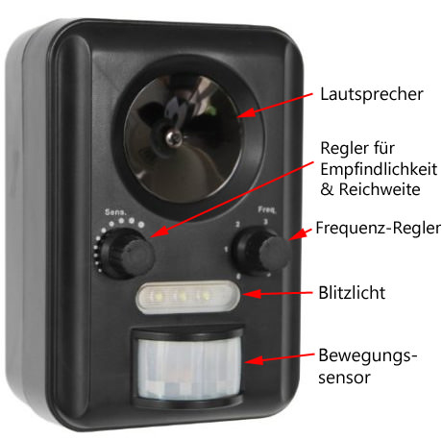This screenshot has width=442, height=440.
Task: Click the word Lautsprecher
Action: pos(372,94)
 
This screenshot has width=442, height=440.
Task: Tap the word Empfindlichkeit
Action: pos(379,169)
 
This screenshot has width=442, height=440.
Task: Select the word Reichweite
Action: pos(380,189)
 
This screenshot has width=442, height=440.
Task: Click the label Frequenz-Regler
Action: pos(378,228)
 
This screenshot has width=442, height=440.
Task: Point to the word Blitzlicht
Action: pos(352,293)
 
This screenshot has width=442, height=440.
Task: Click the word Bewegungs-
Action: pos(368,356)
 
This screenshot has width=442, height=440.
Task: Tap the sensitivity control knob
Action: pos(127,254)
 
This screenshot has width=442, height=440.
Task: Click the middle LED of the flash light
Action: pos(182,296)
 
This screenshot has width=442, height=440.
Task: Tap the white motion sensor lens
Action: pos(189,369)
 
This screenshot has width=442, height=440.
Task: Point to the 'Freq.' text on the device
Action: pos(267,209)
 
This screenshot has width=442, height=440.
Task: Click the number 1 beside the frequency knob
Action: pos(226,249)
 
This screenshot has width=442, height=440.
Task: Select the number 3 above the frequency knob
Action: pos(265,222)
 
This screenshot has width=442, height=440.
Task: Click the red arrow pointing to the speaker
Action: pos(275,106)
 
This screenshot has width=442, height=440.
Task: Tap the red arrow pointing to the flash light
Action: pos(278,293)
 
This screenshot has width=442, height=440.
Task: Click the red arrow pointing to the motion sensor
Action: pos(280,358)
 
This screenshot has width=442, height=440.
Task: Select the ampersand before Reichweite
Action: pos(327,189)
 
